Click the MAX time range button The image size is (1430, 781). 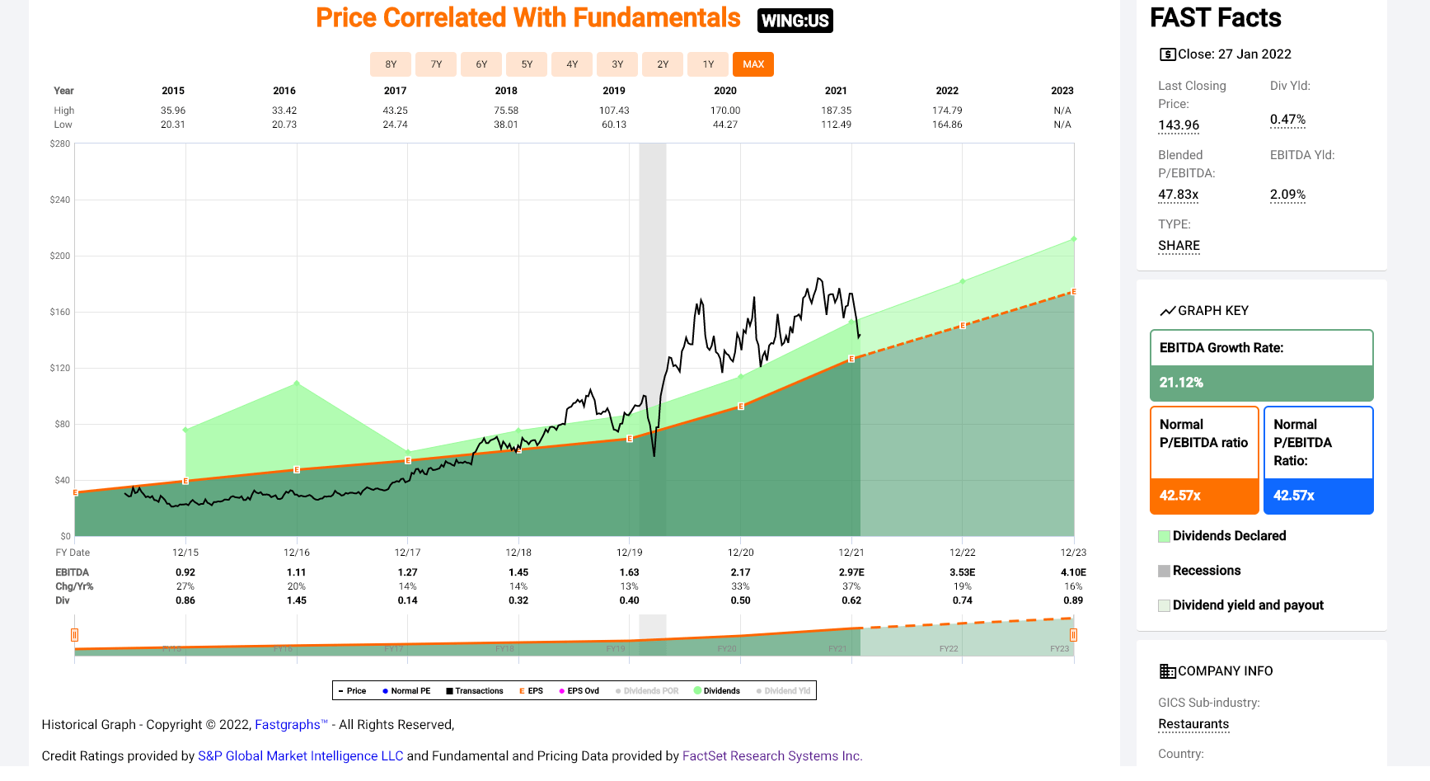click(x=753, y=64)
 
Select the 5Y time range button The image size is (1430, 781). click(x=527, y=64)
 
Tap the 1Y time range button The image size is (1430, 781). click(x=708, y=64)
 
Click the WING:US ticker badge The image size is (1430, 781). click(x=795, y=21)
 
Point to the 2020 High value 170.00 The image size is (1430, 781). click(x=725, y=111)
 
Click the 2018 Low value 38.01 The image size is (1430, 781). click(x=506, y=125)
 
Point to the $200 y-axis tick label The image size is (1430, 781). click(x=60, y=256)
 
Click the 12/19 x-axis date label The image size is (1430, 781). click(x=629, y=553)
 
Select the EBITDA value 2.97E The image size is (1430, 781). click(x=851, y=572)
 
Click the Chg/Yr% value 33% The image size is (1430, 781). click(x=740, y=586)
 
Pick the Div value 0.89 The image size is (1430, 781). click(x=1073, y=600)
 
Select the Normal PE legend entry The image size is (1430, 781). click(x=406, y=691)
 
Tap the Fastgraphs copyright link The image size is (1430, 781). click(x=288, y=725)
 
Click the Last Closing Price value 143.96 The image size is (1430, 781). click(x=1179, y=125)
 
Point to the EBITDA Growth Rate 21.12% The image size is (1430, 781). click(x=1181, y=383)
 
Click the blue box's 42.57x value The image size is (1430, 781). click(x=1294, y=496)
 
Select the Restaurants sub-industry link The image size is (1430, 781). click(x=1193, y=724)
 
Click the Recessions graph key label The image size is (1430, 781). click(x=1206, y=571)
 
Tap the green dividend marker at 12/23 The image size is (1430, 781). click(x=1073, y=239)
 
